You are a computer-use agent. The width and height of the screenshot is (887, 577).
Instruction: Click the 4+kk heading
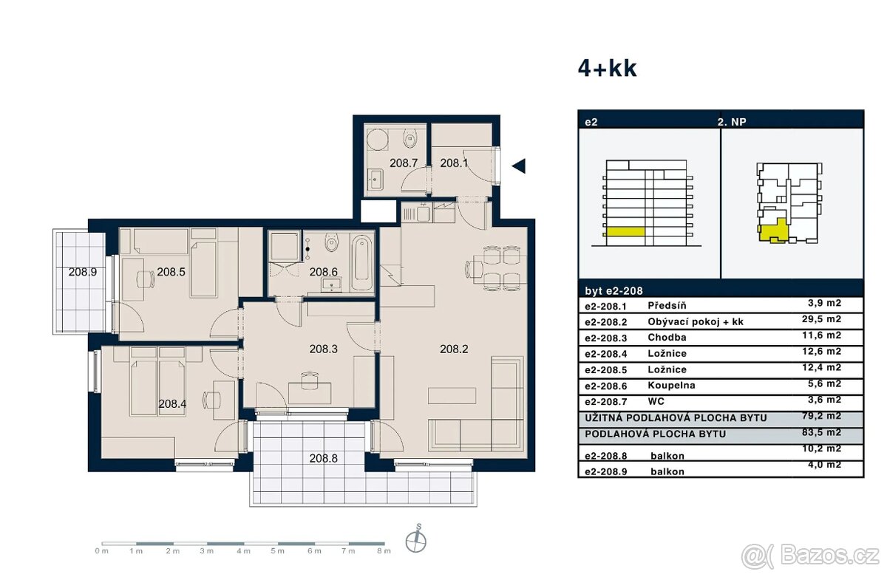click(607, 69)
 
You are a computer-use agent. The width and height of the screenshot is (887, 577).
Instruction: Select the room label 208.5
click(171, 271)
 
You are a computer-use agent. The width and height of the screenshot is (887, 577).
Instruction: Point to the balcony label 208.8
click(323, 458)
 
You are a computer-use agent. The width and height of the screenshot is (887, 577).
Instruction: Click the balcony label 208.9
click(82, 271)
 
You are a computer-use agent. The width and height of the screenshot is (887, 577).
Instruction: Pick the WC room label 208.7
click(404, 163)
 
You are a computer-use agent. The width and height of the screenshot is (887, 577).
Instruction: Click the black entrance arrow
click(519, 166)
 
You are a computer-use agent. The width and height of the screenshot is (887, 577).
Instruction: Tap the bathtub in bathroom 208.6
click(361, 263)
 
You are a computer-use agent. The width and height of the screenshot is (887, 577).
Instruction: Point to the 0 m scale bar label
click(101, 551)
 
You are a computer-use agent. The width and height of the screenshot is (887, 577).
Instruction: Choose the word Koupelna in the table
click(671, 385)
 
